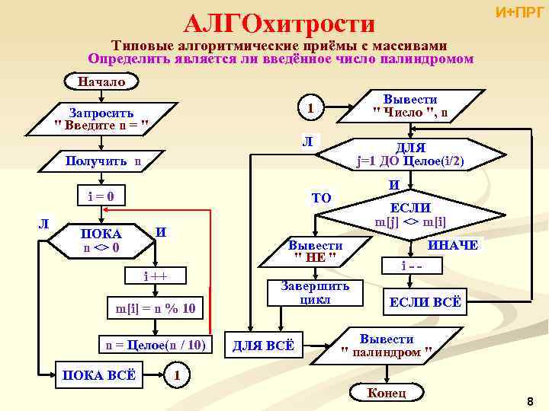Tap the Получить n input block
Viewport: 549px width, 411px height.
coord(104,161)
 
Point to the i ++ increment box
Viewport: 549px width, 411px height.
coord(156,275)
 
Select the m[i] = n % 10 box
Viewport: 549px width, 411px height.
coord(156,307)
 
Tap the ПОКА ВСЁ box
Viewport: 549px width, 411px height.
coord(99,374)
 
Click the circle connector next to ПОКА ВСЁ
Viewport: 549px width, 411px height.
coord(177,374)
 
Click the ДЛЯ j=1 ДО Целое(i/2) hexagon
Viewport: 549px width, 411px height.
coord(412,155)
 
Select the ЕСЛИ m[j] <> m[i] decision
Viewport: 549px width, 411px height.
coord(412,215)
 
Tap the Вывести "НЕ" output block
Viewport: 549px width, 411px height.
coord(315,251)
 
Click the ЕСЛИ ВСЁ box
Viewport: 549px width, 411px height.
coord(425,302)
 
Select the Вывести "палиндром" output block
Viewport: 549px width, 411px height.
coord(387,345)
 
